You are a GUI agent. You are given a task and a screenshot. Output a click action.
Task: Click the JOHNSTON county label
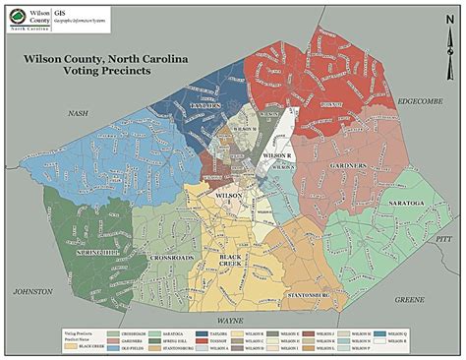tap(32, 292)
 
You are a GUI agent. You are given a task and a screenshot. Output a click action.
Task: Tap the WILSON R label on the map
tap(278, 155)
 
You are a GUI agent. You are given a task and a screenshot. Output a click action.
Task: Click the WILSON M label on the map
tap(245, 128)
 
